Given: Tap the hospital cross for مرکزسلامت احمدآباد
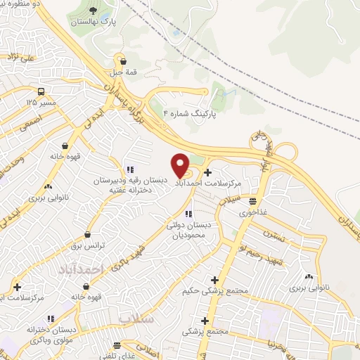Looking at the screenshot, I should [207, 172].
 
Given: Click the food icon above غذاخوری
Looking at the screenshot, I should [253, 201].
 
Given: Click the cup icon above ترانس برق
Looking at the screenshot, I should [87, 234].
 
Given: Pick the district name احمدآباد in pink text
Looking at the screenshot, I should [77, 269].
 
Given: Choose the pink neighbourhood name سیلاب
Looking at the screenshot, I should [135, 318].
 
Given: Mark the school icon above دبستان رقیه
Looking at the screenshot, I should [129, 169].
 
